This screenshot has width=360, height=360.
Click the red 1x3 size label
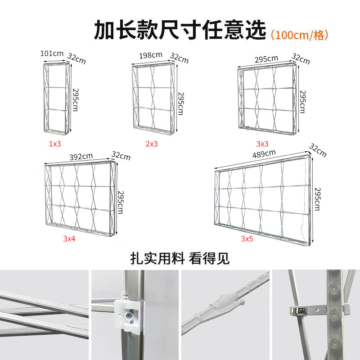pos(55,144)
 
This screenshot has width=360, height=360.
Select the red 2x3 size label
pos(152,144)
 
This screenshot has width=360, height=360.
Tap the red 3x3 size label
pos(262,144)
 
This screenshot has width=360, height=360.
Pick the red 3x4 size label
pos(69,239)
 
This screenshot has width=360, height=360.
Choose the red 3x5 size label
pos(247,239)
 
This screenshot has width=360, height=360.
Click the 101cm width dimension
pos(52,54)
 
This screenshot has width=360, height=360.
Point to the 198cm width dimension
pos(151,55)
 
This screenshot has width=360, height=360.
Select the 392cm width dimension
pos(81,157)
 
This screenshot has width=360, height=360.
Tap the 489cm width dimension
pos(264,154)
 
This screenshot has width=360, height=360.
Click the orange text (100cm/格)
pos(299,36)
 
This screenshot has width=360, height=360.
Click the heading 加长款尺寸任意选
pos(180,30)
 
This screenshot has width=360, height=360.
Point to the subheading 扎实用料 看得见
pos(180,258)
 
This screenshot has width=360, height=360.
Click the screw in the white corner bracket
pos(128,315)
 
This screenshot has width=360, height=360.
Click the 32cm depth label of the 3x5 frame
pos(318,151)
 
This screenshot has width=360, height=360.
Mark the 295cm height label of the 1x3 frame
pos(76,100)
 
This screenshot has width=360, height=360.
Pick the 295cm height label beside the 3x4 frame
pos(121,202)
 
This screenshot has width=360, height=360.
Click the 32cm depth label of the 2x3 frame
pos(179,58)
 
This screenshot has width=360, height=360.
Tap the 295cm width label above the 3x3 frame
pos(266,59)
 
